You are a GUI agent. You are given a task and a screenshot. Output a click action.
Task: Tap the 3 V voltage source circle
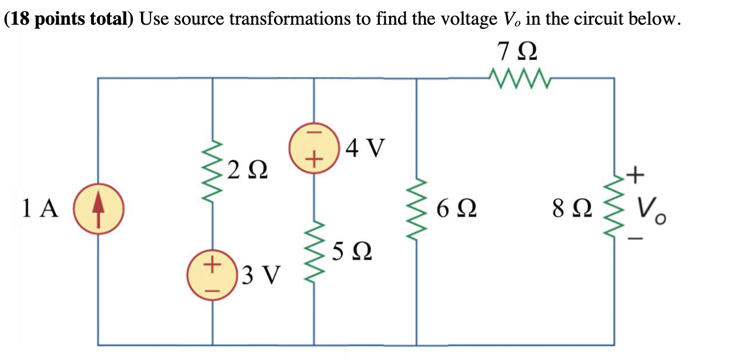212,274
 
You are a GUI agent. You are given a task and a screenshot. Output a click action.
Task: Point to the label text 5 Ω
351,252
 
